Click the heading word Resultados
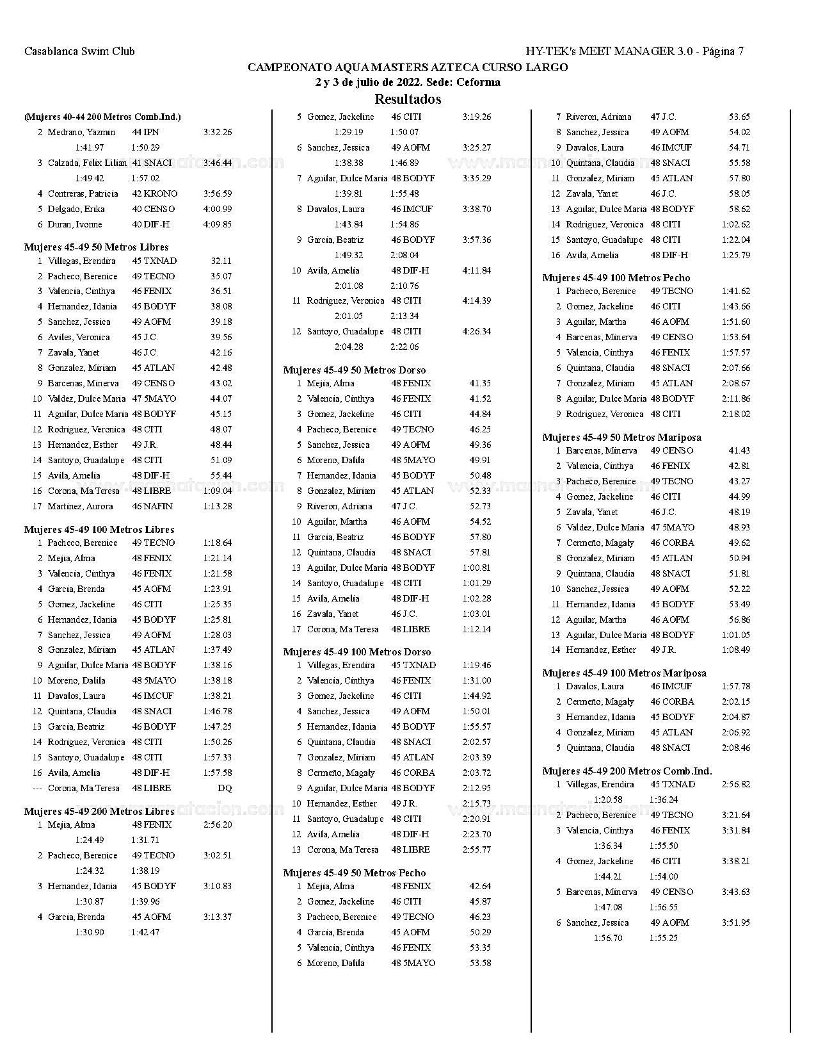(408, 99)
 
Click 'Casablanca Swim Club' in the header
(79, 51)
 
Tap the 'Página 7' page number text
(723, 51)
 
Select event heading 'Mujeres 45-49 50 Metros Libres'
(96, 247)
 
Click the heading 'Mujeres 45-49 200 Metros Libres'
(99, 812)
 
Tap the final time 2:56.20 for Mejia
(218, 825)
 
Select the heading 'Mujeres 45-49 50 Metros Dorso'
(354, 370)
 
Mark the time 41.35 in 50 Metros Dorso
(480, 384)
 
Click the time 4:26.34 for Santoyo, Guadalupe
(477, 332)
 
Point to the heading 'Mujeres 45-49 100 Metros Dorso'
(356, 652)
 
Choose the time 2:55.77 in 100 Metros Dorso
(477, 850)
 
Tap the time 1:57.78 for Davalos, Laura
(736, 687)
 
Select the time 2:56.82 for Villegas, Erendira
(736, 785)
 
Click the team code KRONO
(160, 194)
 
